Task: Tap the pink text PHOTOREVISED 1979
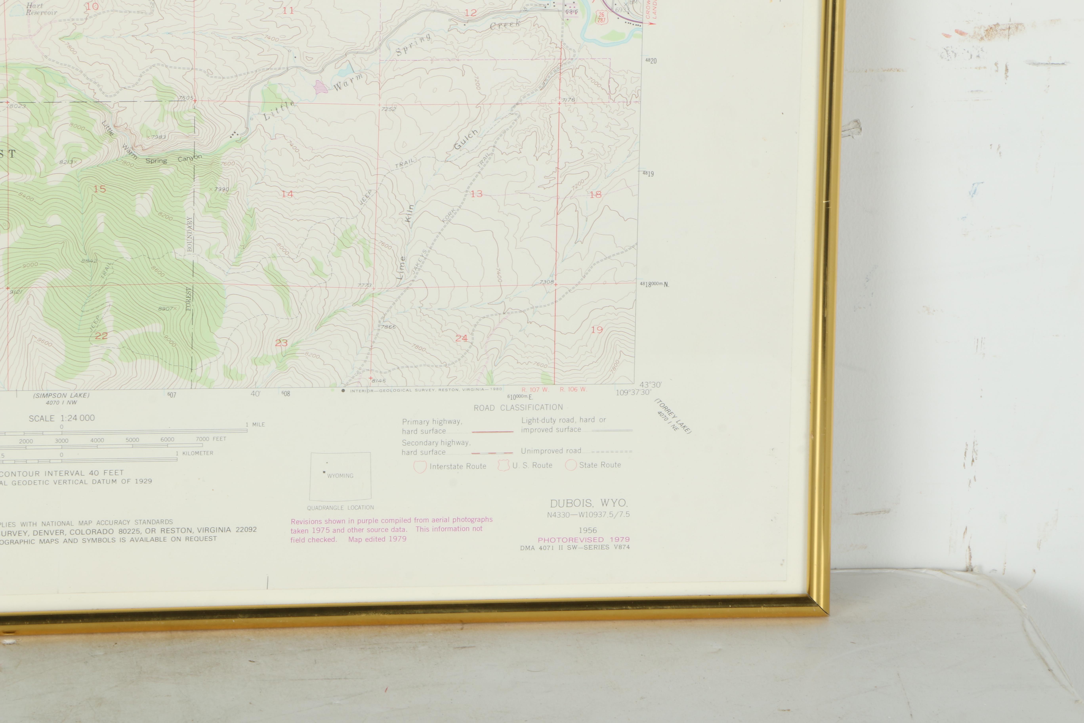583,539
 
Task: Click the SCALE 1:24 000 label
62,418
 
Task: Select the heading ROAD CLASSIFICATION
518,408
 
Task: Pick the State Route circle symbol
571,465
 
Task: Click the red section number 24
461,339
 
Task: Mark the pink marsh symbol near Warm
320,87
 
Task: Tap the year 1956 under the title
588,530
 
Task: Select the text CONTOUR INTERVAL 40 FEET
62,473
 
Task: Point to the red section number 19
597,330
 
